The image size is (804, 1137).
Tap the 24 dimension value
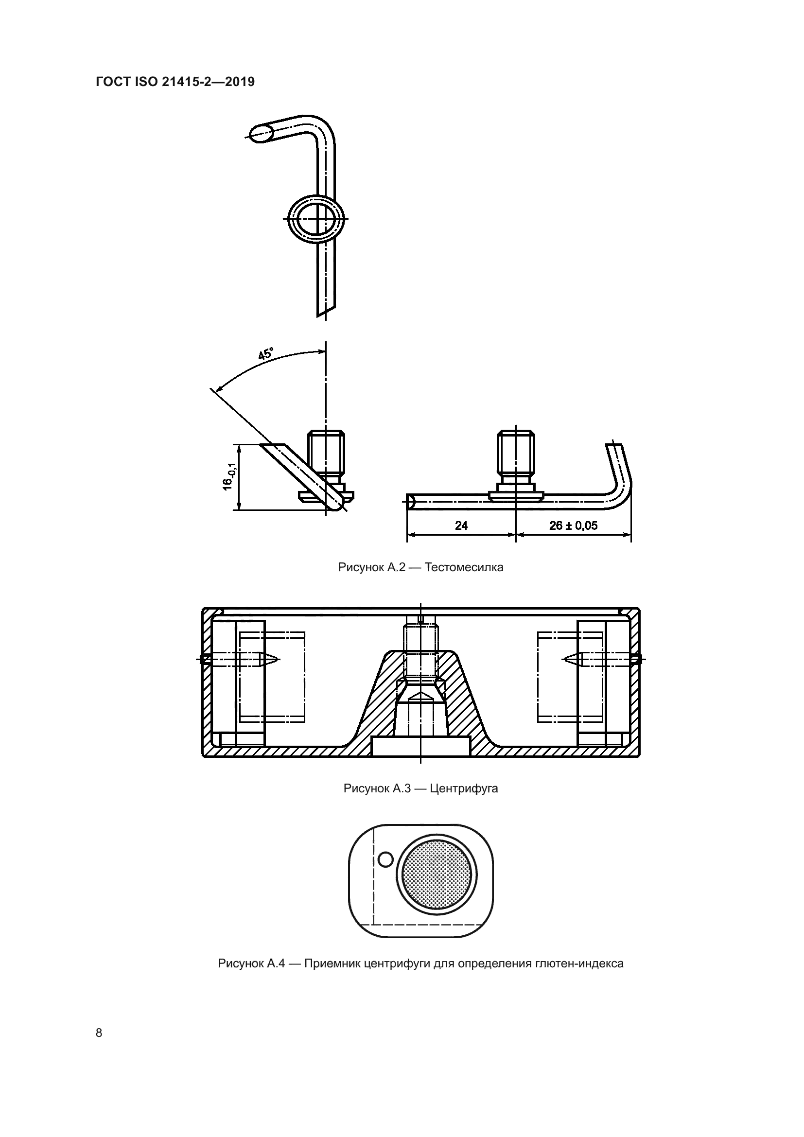tap(461, 525)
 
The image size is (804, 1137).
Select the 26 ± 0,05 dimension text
tap(573, 525)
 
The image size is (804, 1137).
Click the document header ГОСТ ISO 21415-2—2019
tap(175, 82)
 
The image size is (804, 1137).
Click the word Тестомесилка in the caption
tap(464, 567)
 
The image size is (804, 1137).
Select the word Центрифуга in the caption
tap(464, 788)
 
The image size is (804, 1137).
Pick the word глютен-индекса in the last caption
tap(579, 964)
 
